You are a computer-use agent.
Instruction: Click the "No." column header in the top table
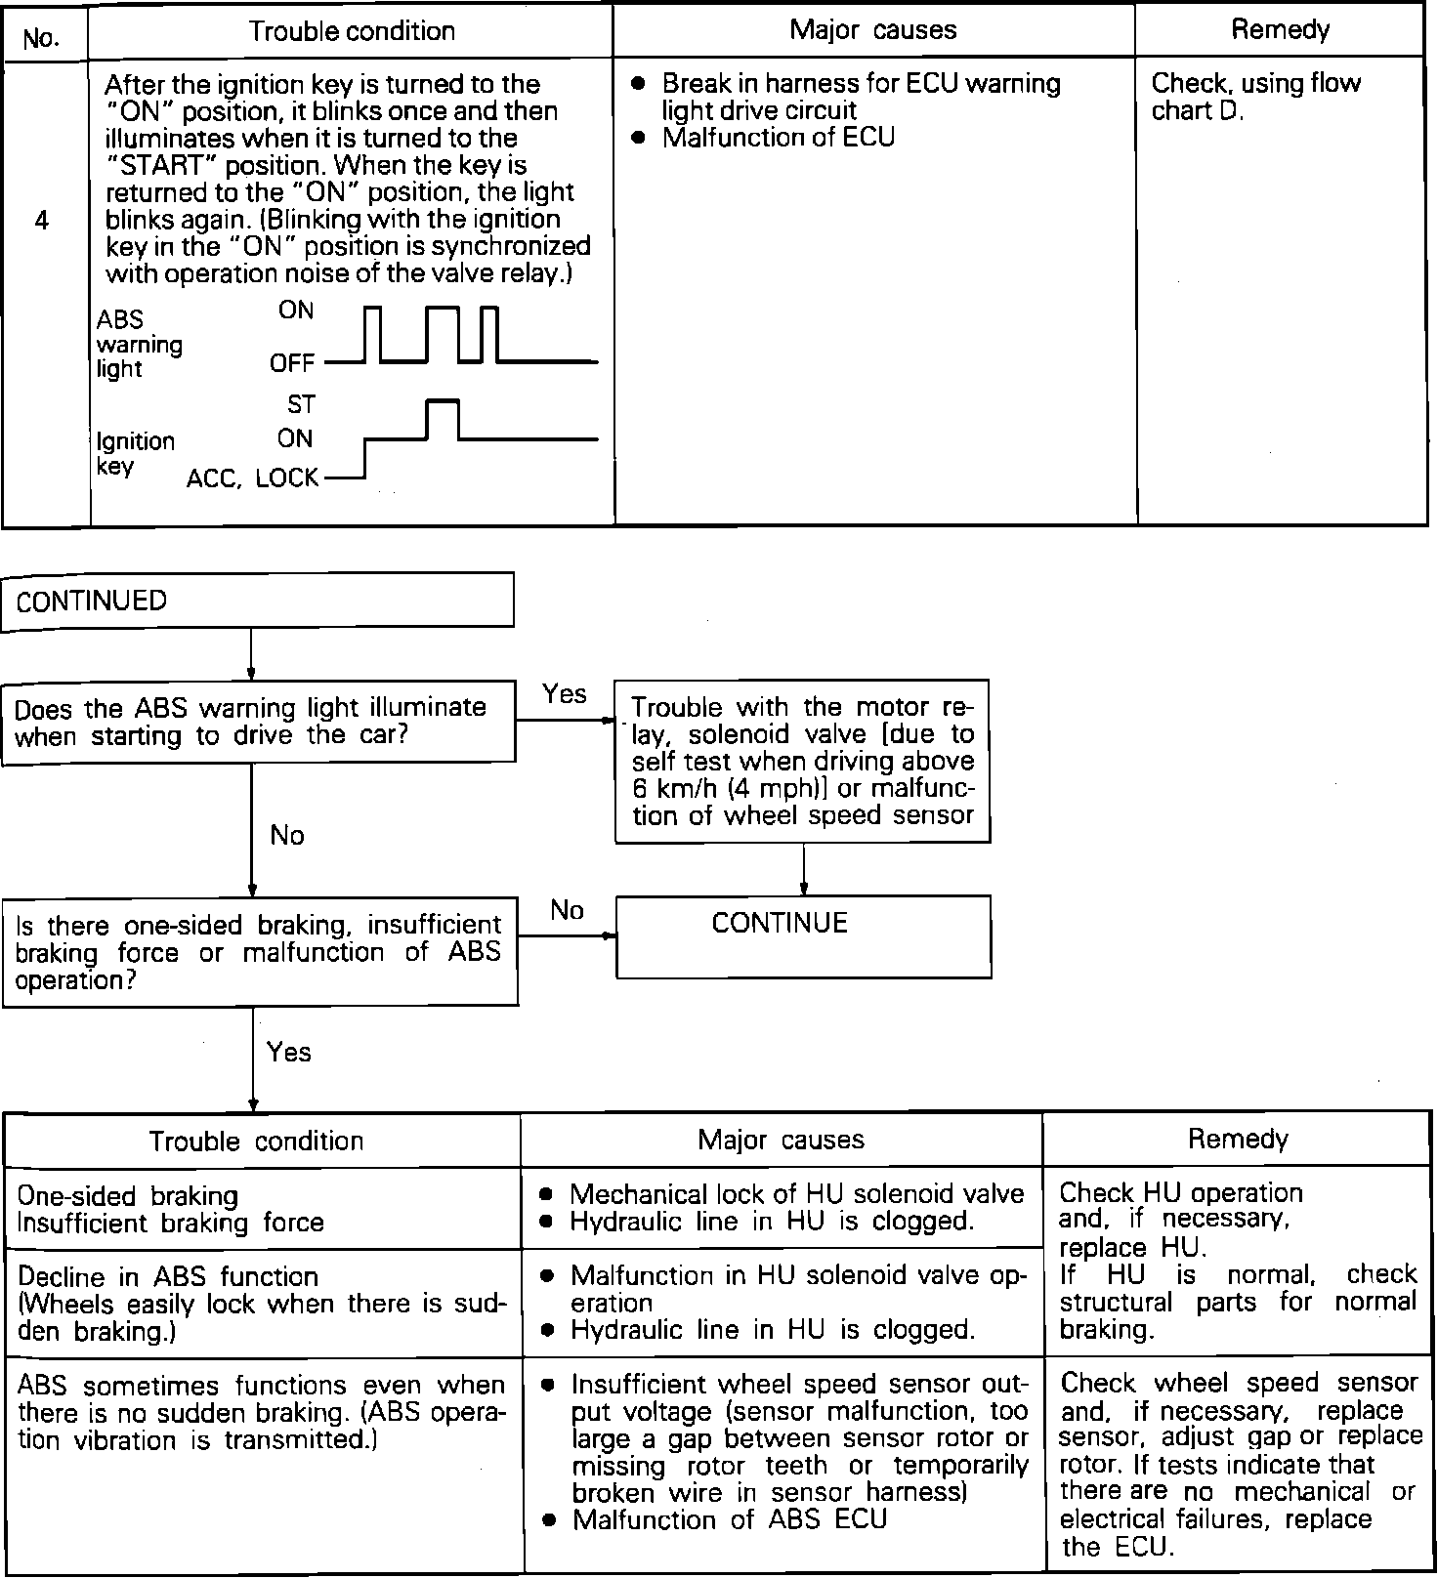click(x=41, y=38)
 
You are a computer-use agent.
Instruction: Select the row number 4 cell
click(x=41, y=221)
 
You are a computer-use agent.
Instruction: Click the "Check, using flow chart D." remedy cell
click(x=1255, y=97)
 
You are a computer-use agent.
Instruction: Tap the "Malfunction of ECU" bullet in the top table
click(x=778, y=138)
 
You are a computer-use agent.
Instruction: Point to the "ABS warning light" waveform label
click(x=139, y=344)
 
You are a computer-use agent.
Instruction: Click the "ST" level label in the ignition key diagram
click(x=301, y=404)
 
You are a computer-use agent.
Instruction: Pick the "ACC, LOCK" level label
click(x=252, y=478)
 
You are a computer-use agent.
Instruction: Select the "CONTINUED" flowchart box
click(x=258, y=600)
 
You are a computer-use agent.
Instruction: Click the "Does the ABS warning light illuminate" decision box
click(x=259, y=722)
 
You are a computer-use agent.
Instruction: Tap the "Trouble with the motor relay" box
click(x=802, y=761)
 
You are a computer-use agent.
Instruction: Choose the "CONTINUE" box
click(x=803, y=935)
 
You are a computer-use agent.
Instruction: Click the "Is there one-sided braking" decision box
click(x=260, y=952)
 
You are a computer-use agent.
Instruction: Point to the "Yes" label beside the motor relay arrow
click(x=565, y=694)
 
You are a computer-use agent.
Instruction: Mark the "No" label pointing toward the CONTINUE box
click(x=567, y=911)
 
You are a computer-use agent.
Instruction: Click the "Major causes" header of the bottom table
click(x=781, y=1140)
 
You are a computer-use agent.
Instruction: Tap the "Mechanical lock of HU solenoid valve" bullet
click(x=796, y=1194)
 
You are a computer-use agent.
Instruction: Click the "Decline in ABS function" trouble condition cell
click(x=262, y=1304)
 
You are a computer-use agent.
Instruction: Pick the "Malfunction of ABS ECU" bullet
click(x=729, y=1519)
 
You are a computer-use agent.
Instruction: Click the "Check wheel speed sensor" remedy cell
click(x=1238, y=1464)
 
